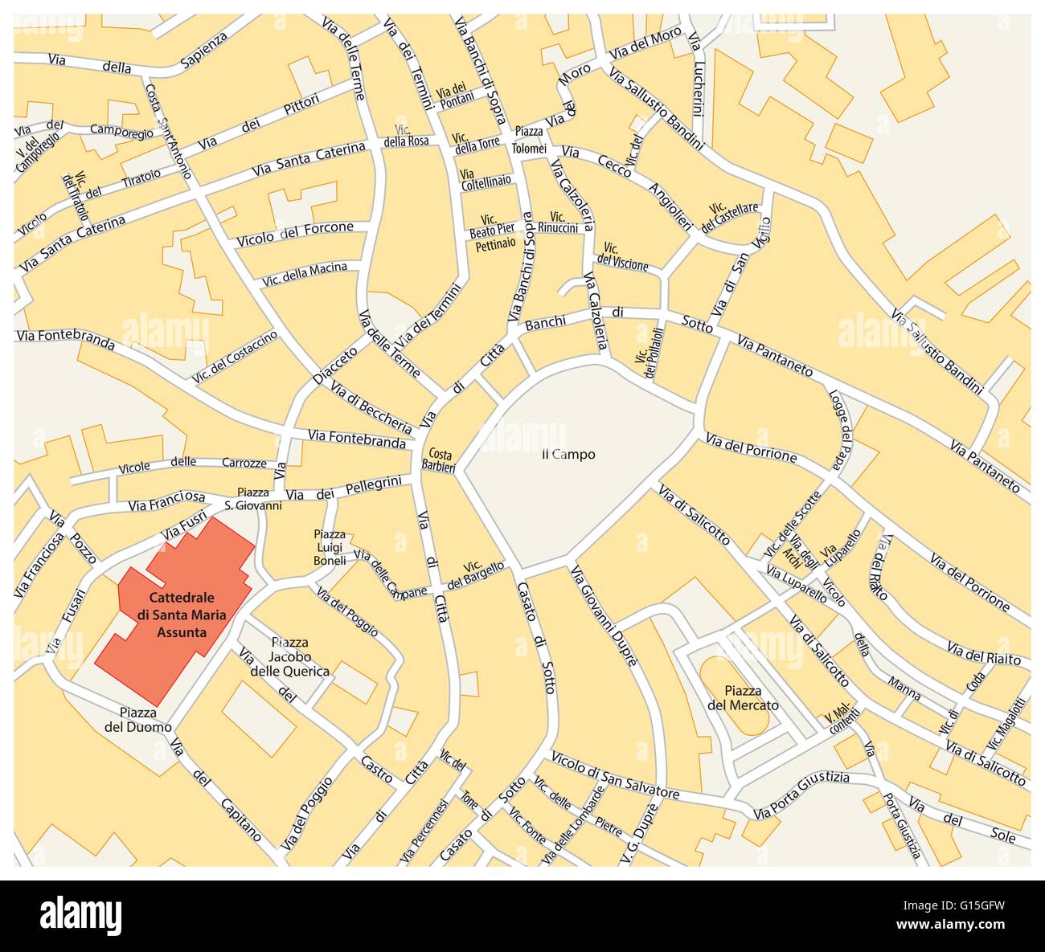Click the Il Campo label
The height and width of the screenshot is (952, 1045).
point(568,455)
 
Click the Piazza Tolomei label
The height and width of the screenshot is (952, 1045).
point(530,140)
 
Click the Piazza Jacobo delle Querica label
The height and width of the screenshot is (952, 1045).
point(289,657)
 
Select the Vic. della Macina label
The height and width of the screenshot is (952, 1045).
point(305,274)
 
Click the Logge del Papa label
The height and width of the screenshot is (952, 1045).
point(840,423)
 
